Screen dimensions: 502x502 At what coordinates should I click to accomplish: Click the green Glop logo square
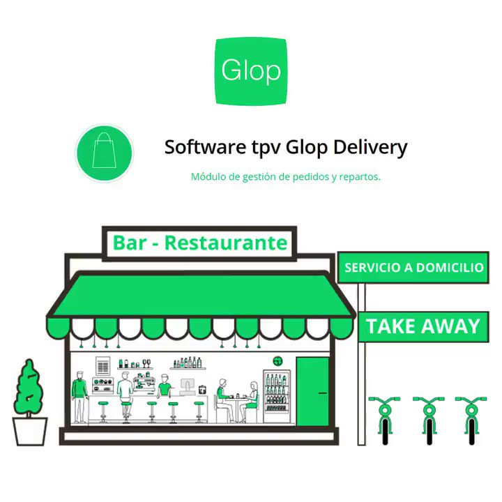(x=251, y=71)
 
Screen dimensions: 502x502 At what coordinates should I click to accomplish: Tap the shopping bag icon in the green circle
(x=105, y=150)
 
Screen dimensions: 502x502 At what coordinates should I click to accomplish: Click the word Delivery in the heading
(x=370, y=148)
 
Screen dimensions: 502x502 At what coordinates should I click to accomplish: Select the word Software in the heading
(x=205, y=146)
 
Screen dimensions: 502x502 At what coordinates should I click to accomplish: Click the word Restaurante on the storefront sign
(x=226, y=243)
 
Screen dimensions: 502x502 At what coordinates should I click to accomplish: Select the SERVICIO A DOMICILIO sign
(x=413, y=267)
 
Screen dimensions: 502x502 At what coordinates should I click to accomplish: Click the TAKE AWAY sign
(x=423, y=326)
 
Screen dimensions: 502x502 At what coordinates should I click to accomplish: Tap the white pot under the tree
(x=30, y=431)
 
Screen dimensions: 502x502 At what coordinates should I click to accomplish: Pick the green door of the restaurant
(x=312, y=391)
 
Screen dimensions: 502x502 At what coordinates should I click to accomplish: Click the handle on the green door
(x=323, y=393)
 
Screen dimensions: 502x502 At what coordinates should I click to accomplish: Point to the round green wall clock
(x=277, y=361)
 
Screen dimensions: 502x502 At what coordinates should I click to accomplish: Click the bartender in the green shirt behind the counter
(x=165, y=385)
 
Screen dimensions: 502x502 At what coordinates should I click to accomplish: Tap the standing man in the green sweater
(x=79, y=397)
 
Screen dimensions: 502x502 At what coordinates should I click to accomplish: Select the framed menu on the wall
(x=102, y=365)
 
